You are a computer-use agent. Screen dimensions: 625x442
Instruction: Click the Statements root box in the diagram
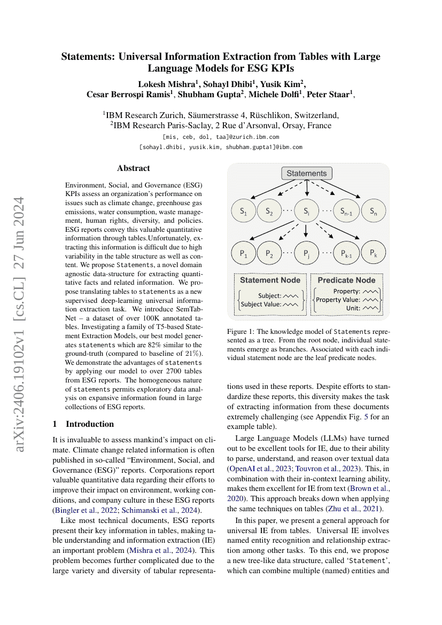306,174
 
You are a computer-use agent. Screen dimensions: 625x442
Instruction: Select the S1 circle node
243,212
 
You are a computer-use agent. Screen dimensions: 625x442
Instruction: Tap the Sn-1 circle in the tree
346,212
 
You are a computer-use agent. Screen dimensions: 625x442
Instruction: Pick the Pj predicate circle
306,253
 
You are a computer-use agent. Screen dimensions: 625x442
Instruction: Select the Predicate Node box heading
346,280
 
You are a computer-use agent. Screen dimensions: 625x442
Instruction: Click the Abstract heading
134,168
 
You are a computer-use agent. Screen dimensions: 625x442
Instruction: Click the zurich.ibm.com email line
221,137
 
